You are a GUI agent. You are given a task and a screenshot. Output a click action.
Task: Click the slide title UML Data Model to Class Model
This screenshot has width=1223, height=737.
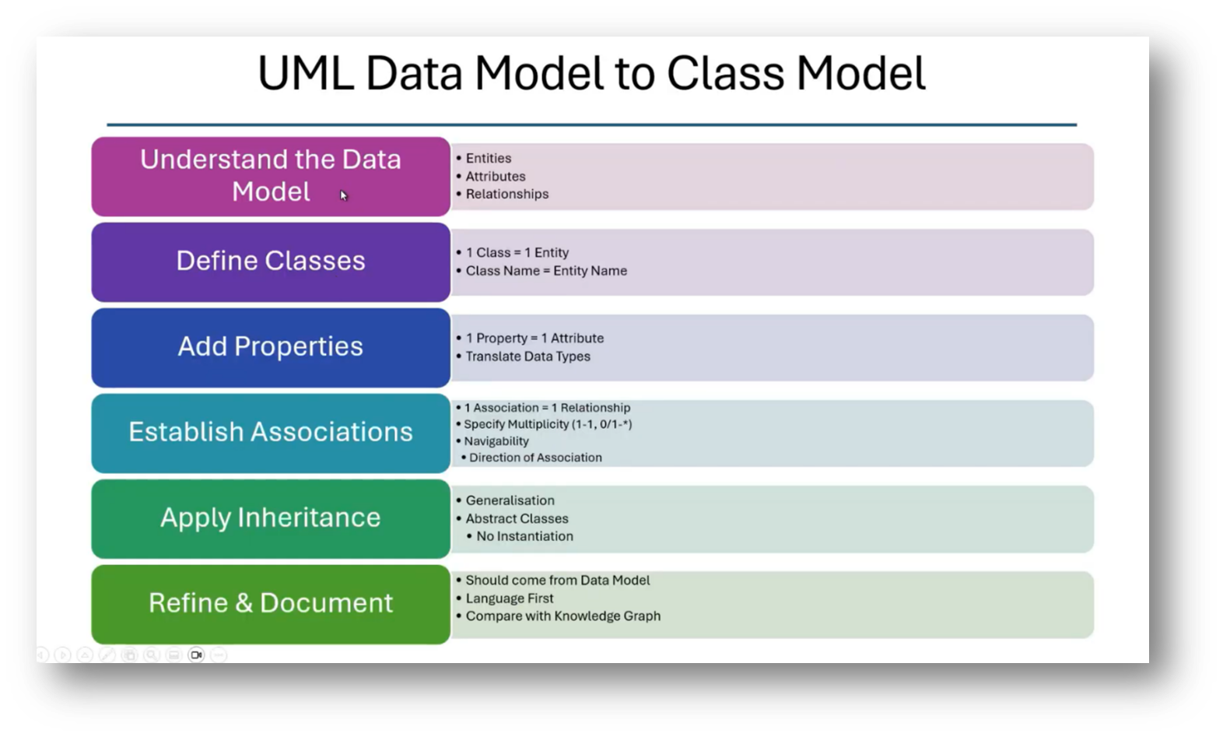591,74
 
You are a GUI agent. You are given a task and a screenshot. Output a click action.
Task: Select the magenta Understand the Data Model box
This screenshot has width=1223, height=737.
270,176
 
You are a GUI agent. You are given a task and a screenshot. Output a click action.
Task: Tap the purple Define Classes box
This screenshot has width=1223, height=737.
270,261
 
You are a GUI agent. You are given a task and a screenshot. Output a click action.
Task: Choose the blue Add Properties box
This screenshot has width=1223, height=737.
270,347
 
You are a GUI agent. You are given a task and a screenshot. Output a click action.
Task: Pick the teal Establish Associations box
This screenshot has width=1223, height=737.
270,433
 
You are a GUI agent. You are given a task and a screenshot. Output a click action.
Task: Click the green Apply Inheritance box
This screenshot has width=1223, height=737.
270,518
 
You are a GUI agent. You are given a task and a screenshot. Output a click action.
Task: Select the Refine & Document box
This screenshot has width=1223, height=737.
270,604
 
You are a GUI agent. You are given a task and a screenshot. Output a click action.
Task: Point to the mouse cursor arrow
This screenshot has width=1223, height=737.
343,195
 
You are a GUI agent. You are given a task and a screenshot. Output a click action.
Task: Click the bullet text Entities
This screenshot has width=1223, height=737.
488,159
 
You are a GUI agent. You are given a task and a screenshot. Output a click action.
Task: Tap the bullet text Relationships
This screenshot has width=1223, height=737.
506,195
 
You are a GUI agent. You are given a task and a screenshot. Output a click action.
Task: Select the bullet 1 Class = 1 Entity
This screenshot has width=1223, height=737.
517,253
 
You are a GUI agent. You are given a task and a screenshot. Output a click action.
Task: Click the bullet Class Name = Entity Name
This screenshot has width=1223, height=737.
545,271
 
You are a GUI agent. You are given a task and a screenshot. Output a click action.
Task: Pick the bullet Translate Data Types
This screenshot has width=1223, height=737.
527,356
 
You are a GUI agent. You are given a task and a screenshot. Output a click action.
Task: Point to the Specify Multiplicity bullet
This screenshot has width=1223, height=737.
547,424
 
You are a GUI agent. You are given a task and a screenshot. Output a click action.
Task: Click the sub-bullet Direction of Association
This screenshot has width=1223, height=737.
535,458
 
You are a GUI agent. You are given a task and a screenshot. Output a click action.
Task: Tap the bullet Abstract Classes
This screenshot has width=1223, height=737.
517,518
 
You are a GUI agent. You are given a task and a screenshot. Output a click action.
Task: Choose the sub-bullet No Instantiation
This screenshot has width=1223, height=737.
524,536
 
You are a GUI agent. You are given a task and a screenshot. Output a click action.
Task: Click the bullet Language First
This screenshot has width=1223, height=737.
509,598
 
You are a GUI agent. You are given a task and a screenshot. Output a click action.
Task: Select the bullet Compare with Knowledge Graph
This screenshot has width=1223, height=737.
562,616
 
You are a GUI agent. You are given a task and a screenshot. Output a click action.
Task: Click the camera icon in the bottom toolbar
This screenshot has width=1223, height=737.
196,655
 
